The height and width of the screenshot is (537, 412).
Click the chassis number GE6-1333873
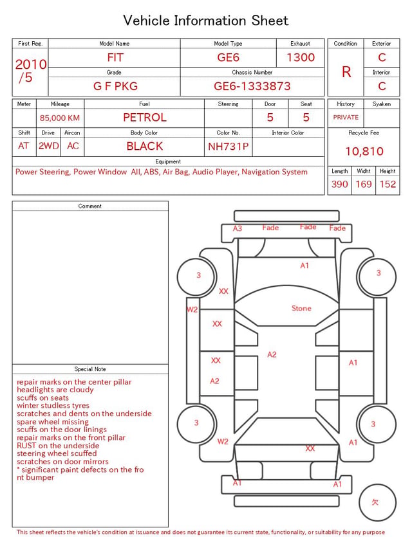tap(252, 86)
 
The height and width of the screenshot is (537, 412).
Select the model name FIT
tap(115, 57)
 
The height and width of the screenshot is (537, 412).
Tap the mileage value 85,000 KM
tap(60, 118)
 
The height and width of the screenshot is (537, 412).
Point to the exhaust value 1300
tap(301, 57)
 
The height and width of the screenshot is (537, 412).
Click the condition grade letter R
tap(346, 72)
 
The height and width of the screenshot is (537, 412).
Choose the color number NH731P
tap(229, 147)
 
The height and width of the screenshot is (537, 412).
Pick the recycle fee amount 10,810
tap(364, 151)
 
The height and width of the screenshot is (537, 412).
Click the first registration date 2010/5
tap(31, 71)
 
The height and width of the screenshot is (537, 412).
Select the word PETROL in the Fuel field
tap(145, 118)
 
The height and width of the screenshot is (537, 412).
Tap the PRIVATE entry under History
tap(346, 117)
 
